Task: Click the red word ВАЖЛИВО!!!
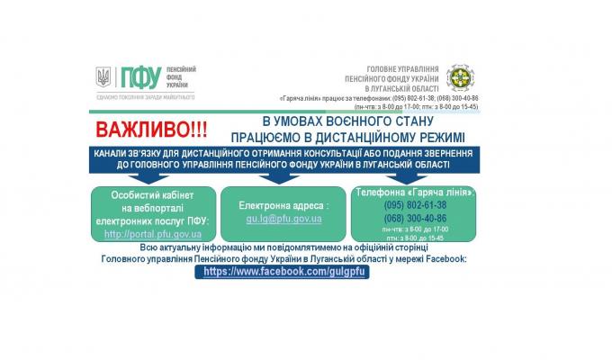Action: point(148,130)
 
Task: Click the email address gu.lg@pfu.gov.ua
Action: point(283,219)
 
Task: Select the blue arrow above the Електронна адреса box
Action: point(283,177)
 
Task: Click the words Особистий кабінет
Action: point(152,194)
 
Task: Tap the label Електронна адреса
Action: point(282,206)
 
